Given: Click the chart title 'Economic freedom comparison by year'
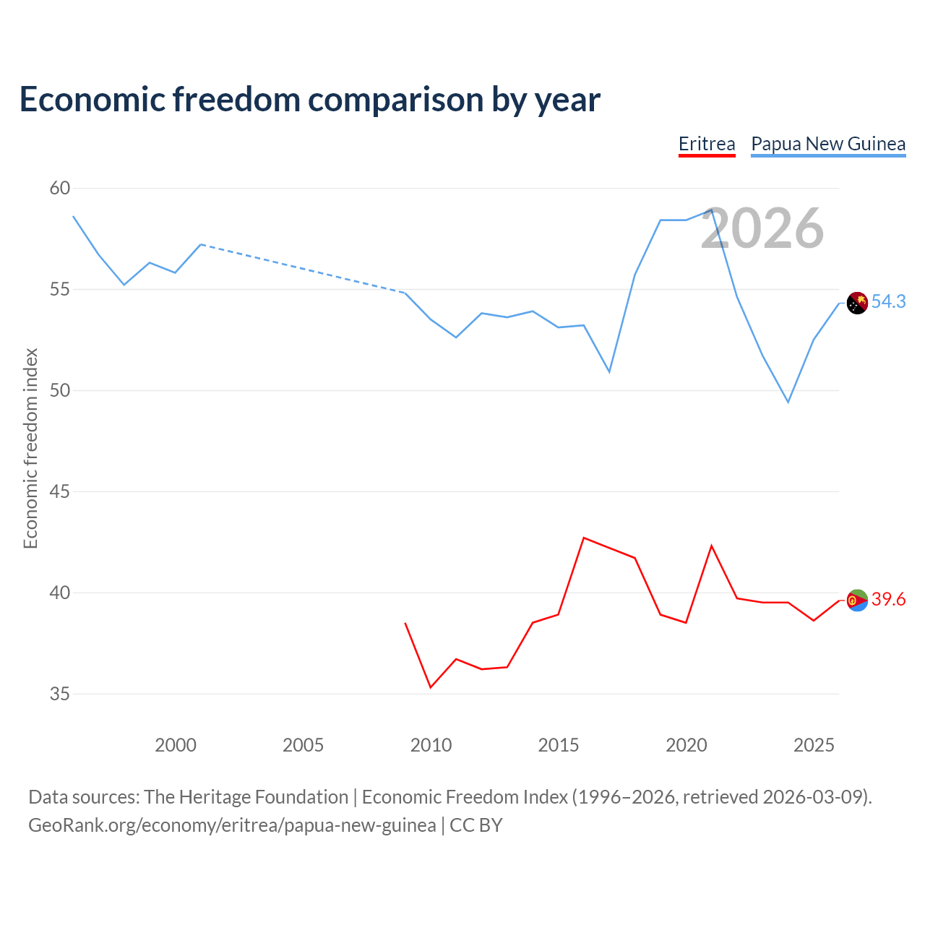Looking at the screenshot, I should click(310, 100).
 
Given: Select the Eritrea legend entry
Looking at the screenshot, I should click(707, 144).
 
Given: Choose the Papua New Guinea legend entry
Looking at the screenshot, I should click(828, 144).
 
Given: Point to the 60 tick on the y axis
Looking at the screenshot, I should click(60, 189).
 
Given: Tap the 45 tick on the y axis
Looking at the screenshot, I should click(60, 492).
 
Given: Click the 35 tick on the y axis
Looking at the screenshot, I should click(60, 694).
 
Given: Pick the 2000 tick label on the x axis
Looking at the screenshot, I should click(176, 745).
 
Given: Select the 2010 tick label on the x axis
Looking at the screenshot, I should click(431, 745).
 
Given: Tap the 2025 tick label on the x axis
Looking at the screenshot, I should click(814, 745).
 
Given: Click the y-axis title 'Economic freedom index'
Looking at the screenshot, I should click(30, 448).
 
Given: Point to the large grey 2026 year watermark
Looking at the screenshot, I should click(762, 228).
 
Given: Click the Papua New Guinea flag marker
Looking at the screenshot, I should click(857, 303).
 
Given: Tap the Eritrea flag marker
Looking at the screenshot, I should click(857, 600).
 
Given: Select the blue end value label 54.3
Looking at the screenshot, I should click(888, 302).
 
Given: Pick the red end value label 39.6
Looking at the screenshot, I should click(888, 600).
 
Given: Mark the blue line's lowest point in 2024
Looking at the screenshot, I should click(788, 402).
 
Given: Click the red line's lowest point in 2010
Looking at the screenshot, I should click(431, 687).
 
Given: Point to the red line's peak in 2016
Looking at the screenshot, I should click(584, 538).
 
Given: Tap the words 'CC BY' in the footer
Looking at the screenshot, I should click(476, 825).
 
